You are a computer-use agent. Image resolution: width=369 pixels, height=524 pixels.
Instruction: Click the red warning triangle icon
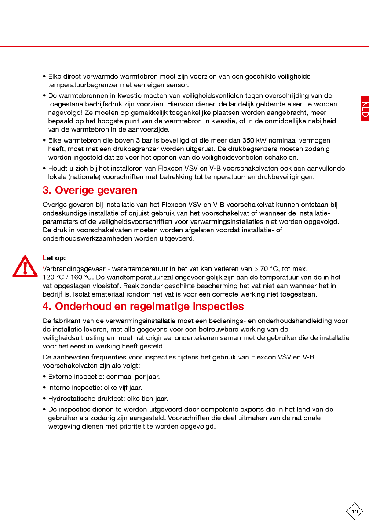pyautogui.click(x=25, y=266)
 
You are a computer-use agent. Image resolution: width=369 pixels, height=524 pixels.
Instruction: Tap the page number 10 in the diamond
pyautogui.click(x=354, y=511)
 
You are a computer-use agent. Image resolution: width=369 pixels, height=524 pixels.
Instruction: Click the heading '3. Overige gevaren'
pyautogui.click(x=90, y=191)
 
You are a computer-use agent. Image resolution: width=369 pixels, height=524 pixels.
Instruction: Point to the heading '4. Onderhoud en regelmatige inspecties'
pyautogui.click(x=143, y=306)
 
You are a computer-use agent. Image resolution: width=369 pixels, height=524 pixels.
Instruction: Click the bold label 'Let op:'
pyautogui.click(x=54, y=258)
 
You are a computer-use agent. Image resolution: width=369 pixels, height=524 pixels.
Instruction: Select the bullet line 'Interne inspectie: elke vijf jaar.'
pyautogui.click(x=95, y=388)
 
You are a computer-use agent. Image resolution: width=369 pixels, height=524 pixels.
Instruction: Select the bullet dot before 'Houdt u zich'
pyautogui.click(x=44, y=169)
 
